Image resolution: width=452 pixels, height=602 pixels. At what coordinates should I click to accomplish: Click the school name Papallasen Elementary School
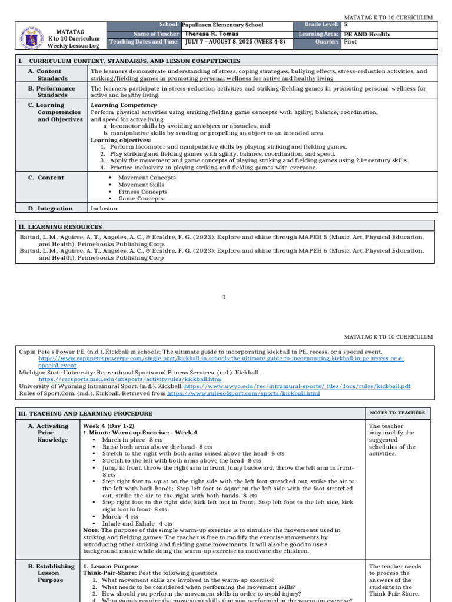point(222,25)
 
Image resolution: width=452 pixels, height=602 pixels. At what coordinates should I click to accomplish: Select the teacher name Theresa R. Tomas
point(210,34)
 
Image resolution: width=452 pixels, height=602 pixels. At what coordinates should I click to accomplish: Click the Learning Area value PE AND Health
point(367,34)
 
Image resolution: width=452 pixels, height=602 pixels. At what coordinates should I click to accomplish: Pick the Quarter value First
point(350,42)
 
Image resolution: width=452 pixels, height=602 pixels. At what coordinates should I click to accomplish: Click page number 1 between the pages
point(224,297)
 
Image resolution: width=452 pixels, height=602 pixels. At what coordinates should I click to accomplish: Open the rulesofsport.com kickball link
point(244,393)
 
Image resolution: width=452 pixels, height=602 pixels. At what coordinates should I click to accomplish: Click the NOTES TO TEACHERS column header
point(397,413)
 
